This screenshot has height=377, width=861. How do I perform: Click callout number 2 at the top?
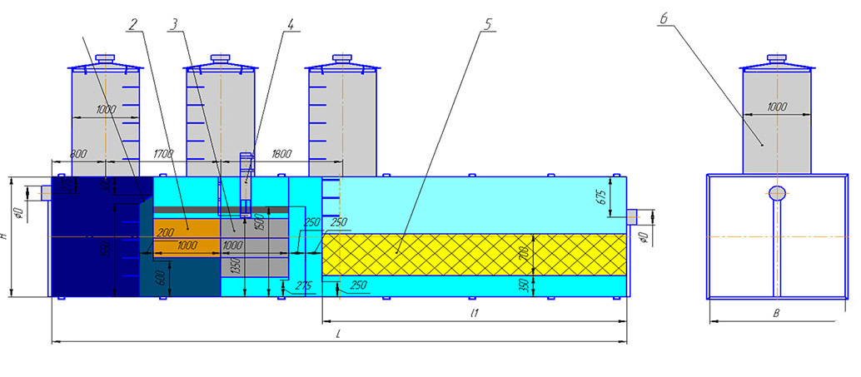pos(132,24)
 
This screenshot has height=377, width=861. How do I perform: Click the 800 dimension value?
pos(80,154)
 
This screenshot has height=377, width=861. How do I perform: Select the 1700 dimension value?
pos(164,154)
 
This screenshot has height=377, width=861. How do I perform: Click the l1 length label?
pos(473,313)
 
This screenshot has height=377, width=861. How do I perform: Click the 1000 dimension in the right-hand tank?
pos(776,107)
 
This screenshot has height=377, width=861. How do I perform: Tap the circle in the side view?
pos(777,193)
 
